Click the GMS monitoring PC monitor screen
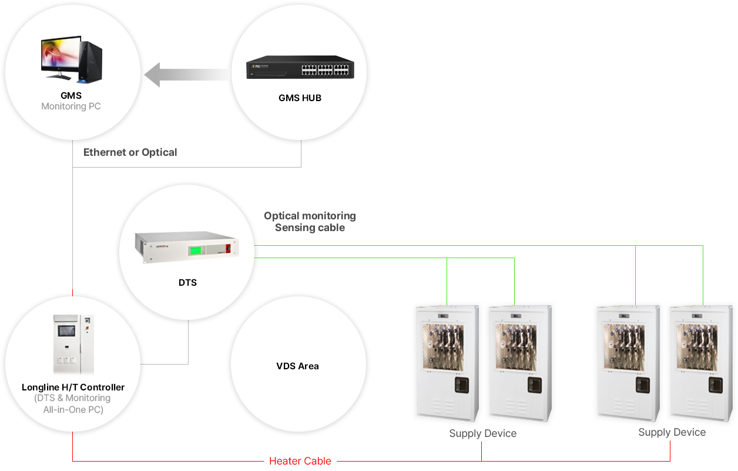click(x=59, y=55)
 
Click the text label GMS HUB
click(x=300, y=98)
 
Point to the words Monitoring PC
click(x=71, y=106)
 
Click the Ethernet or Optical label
click(x=130, y=152)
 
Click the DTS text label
click(x=187, y=283)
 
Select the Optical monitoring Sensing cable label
click(x=310, y=222)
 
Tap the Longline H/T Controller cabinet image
click(x=73, y=345)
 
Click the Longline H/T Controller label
click(x=73, y=388)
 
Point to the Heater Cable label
click(x=300, y=461)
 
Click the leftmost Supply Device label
click(x=482, y=434)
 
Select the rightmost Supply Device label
click(x=672, y=433)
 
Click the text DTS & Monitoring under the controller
click(x=73, y=398)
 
